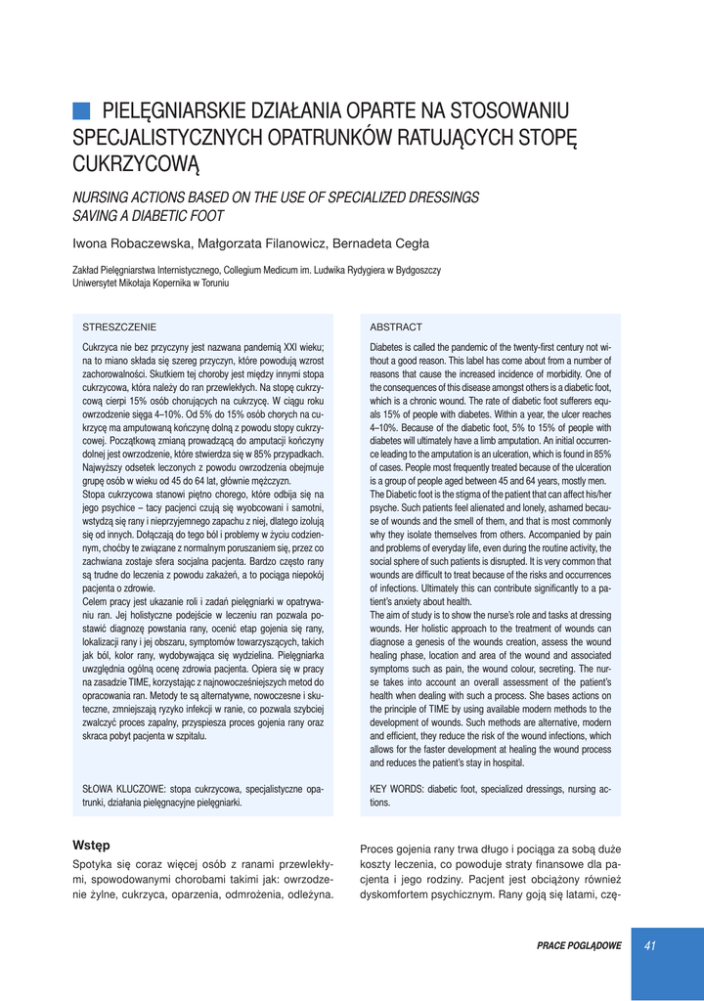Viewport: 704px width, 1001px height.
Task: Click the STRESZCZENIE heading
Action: click(x=118, y=326)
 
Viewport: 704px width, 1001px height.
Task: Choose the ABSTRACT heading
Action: click(x=396, y=326)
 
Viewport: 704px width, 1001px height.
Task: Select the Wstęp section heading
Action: click(x=91, y=844)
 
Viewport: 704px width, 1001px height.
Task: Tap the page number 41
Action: click(x=650, y=944)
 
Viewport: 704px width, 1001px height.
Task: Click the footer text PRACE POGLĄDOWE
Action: click(x=579, y=945)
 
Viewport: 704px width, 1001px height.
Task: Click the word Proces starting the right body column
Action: click(x=379, y=849)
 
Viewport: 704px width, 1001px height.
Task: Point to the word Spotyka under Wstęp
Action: click(x=95, y=864)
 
